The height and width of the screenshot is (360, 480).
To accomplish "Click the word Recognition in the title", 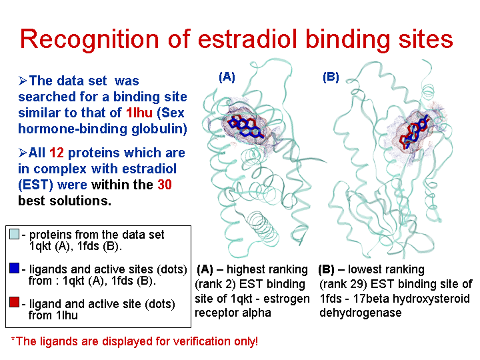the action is click(89, 39).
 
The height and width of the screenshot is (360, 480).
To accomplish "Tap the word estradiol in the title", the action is click(247, 39).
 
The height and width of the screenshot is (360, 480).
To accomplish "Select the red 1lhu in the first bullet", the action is click(139, 113).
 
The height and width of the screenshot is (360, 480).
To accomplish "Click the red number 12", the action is click(56, 153).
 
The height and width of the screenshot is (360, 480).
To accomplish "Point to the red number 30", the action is click(165, 185).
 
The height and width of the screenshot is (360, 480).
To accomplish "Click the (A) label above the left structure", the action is click(227, 77).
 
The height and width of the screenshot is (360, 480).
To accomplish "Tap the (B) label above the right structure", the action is click(331, 77).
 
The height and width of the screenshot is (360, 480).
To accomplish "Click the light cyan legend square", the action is click(15, 234).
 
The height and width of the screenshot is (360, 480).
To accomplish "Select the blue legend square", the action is click(15, 268).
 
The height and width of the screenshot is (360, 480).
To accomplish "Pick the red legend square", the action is click(15, 302).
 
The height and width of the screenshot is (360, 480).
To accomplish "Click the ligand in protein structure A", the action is click(245, 127).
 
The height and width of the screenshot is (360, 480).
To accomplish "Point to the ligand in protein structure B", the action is click(415, 131).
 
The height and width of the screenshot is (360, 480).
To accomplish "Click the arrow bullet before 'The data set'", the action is click(23, 81).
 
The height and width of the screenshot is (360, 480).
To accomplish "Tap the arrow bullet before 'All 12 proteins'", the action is click(23, 153).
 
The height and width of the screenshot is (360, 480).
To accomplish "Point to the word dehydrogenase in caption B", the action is click(360, 313).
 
